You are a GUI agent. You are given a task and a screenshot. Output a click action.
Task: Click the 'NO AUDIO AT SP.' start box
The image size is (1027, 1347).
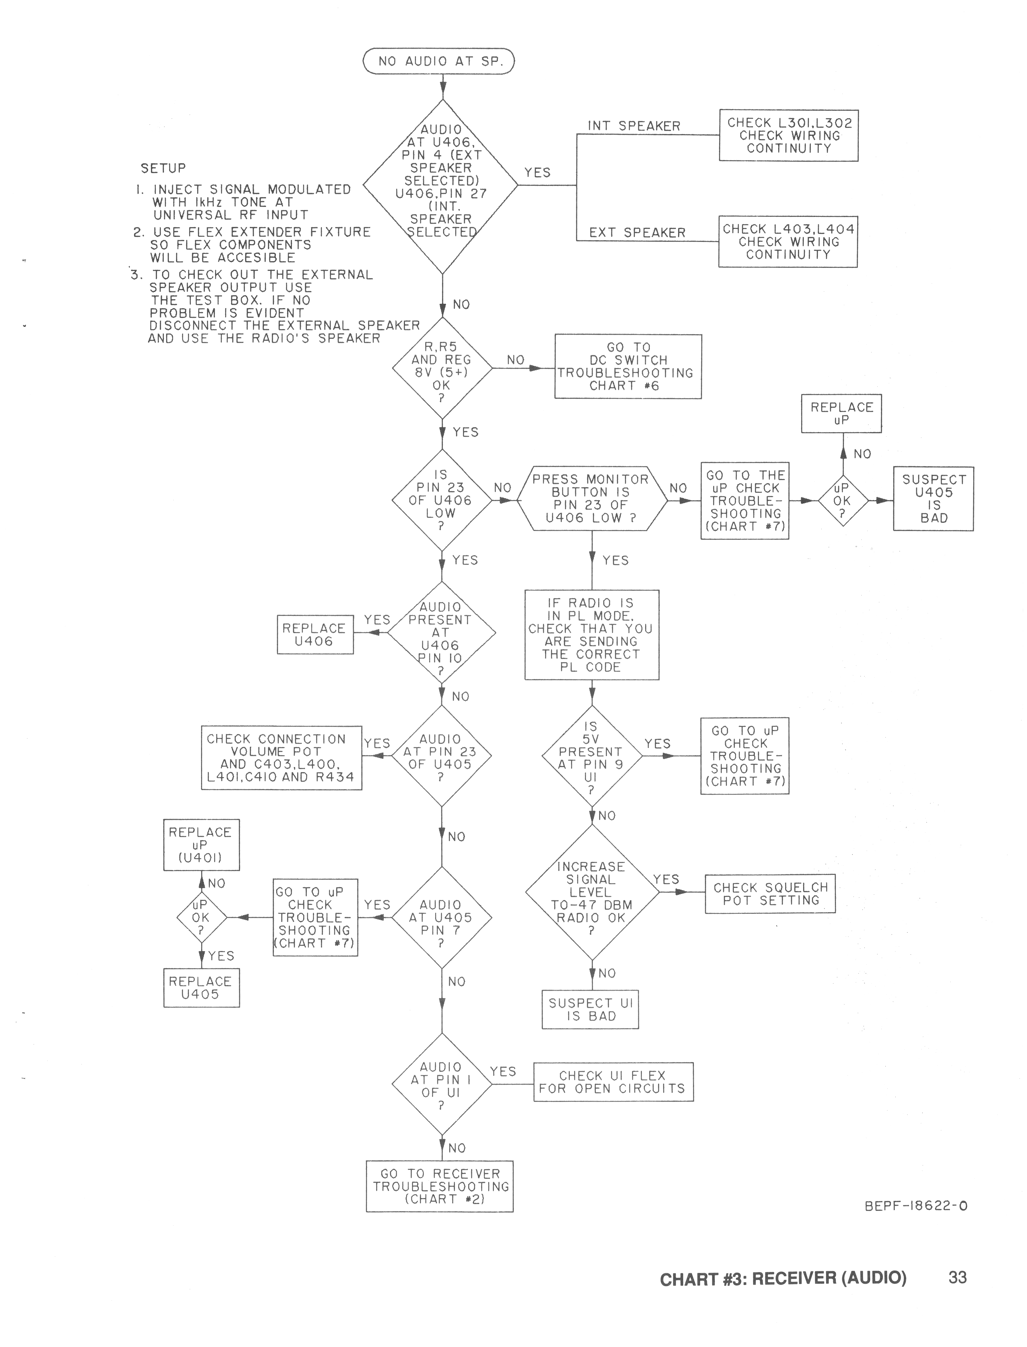pyautogui.click(x=439, y=61)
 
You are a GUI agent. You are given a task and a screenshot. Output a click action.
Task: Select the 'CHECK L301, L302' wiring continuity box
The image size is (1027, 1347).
pyautogui.click(x=789, y=135)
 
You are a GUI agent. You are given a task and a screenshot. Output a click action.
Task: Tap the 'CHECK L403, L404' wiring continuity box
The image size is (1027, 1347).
pyautogui.click(x=788, y=242)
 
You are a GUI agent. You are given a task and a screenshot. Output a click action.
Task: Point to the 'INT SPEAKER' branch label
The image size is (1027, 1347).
pyautogui.click(x=634, y=126)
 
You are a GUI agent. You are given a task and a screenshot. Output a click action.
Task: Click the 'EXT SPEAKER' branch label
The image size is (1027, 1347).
pyautogui.click(x=637, y=232)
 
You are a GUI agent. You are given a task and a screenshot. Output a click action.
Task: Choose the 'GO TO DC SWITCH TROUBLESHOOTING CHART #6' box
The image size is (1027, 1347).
pyautogui.click(x=628, y=366)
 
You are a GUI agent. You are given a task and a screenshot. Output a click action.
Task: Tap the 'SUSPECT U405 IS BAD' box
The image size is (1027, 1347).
pyautogui.click(x=933, y=499)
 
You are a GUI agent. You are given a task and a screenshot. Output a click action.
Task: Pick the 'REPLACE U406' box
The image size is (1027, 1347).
pyautogui.click(x=315, y=634)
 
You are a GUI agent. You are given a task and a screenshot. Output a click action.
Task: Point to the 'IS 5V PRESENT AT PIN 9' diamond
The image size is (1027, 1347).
pyautogui.click(x=591, y=756)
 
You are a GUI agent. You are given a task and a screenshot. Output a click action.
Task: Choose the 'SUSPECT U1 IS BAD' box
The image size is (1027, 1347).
pyautogui.click(x=590, y=1009)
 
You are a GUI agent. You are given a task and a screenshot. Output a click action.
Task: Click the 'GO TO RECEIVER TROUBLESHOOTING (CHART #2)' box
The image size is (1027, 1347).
pyautogui.click(x=440, y=1186)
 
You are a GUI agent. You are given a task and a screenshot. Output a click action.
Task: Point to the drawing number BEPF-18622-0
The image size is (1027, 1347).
pyautogui.click(x=916, y=1206)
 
